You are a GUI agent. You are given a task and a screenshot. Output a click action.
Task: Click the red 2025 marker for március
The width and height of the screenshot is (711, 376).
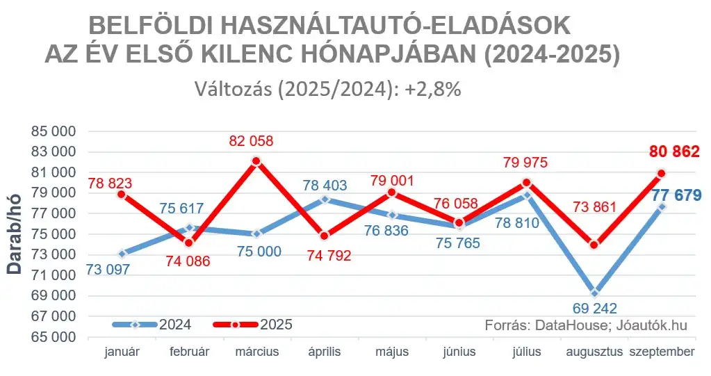click(256, 161)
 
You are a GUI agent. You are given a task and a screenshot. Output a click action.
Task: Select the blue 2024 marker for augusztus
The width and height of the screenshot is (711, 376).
click(594, 293)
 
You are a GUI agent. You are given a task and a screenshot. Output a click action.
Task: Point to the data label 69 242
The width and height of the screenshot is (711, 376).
click(594, 309)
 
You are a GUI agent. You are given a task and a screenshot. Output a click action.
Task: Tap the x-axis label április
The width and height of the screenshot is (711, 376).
click(324, 352)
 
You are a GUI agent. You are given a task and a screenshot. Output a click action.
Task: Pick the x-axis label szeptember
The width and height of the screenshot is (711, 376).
click(662, 352)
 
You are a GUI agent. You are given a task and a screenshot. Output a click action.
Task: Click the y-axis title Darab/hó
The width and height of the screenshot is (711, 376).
click(15, 234)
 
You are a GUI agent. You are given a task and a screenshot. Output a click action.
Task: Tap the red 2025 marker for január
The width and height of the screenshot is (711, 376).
click(122, 195)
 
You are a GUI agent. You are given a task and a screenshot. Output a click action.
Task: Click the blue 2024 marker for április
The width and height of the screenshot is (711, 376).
click(324, 199)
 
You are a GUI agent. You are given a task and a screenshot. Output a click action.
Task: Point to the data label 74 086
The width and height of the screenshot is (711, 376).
click(189, 262)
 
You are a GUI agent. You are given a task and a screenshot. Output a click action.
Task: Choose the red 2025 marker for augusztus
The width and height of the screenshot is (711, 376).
click(594, 245)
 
